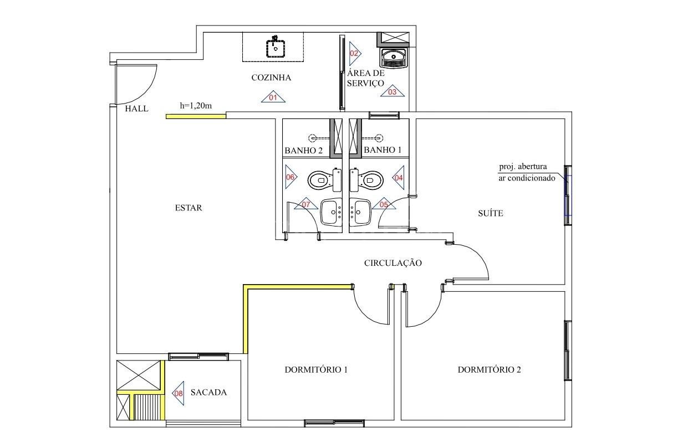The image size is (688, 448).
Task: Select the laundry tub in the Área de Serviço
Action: click(x=394, y=58)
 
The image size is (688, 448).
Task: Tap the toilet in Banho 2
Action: click(x=324, y=181)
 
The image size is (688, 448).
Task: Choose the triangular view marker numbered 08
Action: click(x=178, y=393)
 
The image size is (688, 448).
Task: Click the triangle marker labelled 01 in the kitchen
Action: click(x=273, y=97)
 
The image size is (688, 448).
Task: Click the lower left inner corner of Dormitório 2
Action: click(x=401, y=419)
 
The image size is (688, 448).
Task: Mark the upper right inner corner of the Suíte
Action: click(x=565, y=119)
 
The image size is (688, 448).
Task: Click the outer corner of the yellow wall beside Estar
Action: click(x=243, y=285)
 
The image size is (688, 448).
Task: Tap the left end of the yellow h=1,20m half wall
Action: click(x=166, y=116)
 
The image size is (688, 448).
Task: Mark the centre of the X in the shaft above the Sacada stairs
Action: click(x=139, y=375)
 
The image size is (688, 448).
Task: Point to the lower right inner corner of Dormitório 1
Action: click(x=394, y=419)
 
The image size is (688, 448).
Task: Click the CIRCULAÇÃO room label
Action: click(x=393, y=263)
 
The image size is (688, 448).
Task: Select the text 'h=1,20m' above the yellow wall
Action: click(x=196, y=106)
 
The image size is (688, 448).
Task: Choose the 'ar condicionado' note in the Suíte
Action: click(x=527, y=178)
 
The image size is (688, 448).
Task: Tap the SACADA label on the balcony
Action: click(x=208, y=392)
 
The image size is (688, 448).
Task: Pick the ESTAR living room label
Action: click(x=188, y=208)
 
